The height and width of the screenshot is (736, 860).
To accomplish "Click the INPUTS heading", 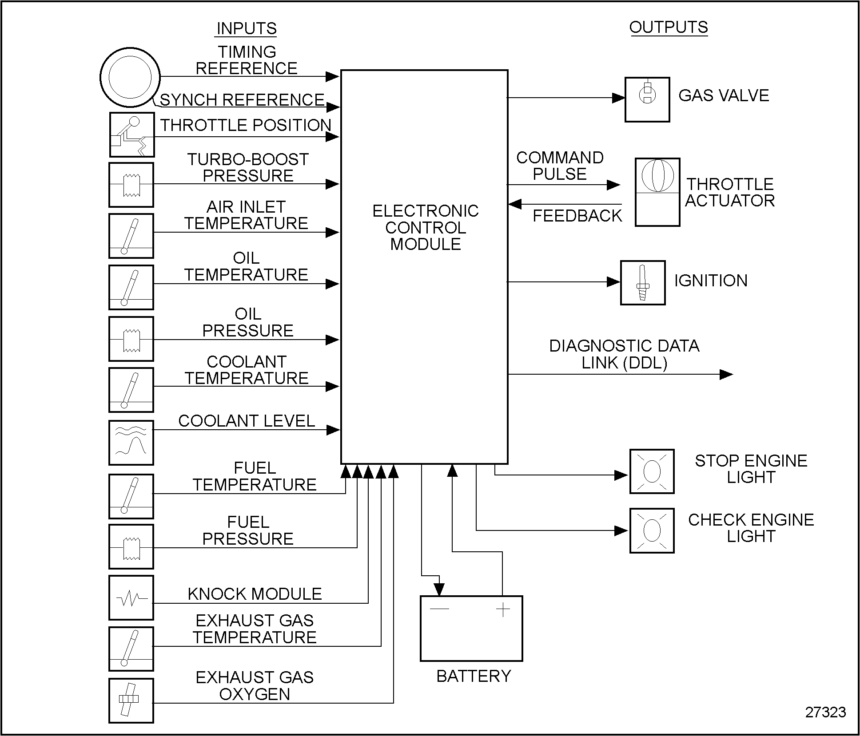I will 247,29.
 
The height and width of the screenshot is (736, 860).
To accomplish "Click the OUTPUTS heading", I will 669,28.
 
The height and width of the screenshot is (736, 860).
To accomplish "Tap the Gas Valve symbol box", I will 647,99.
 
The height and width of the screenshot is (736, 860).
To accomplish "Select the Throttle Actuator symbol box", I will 657,192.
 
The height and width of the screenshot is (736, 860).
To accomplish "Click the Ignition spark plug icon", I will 642,283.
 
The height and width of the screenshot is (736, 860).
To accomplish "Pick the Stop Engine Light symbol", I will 652,471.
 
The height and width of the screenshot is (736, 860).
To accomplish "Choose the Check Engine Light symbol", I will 652,530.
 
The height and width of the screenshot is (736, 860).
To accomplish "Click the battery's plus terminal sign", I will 503,610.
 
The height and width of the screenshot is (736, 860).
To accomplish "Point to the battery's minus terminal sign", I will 439,609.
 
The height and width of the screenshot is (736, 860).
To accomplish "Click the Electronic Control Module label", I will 425,227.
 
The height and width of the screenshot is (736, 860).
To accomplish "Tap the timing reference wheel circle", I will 130,77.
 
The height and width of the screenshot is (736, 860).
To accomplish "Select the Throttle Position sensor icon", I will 132,135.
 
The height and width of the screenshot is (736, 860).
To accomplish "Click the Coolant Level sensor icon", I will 131,443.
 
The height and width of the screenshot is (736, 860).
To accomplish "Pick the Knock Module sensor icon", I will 131,598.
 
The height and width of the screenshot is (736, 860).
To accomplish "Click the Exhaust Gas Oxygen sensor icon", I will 131,700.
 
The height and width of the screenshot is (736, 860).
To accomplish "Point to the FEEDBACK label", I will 577,216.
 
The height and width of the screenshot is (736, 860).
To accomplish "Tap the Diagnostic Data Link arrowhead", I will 726,375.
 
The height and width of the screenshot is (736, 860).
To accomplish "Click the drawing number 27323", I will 825,712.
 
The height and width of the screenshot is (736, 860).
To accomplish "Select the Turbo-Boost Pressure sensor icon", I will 131,185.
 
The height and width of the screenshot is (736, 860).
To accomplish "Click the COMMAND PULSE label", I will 560,166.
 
